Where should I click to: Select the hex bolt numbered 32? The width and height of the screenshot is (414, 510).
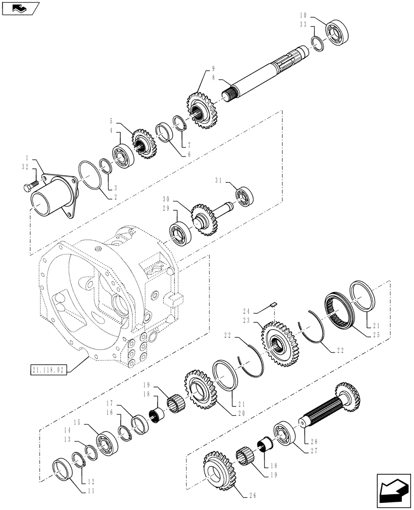[x=30, y=187]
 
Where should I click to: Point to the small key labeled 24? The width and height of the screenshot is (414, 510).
[x=273, y=305]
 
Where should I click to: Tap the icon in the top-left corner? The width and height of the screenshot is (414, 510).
[x=19, y=8]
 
